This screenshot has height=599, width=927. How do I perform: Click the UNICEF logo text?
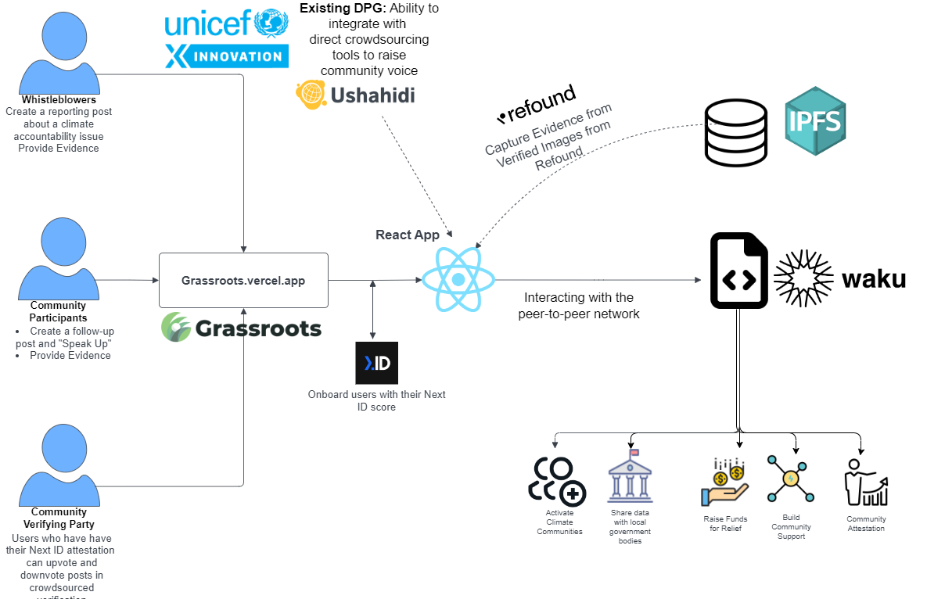click(211, 23)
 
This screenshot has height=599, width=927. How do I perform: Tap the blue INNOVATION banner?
click(227, 56)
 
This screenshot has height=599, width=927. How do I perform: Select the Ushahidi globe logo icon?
click(311, 94)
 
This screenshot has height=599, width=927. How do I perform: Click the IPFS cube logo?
click(816, 122)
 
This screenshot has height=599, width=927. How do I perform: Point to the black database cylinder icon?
click(736, 130)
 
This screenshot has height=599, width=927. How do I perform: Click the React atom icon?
click(458, 279)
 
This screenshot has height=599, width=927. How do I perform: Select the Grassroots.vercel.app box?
click(243, 280)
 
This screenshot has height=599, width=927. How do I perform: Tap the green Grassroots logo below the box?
click(241, 328)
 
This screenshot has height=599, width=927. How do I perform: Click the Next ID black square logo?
click(376, 363)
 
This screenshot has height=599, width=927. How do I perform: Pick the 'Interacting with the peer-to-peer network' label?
click(579, 306)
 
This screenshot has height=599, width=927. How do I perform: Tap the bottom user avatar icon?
click(59, 466)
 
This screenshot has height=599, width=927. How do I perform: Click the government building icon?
click(630, 476)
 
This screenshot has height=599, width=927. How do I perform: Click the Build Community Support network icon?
click(790, 479)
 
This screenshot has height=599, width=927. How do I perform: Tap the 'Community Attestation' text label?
click(866, 524)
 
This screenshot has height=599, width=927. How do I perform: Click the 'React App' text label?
click(407, 235)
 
